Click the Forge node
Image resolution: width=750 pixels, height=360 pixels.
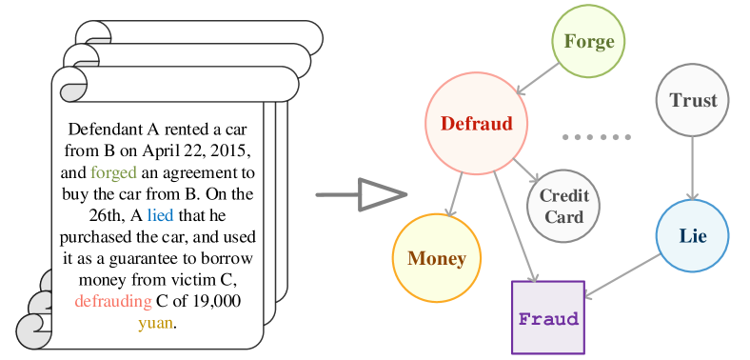[x=588, y=42]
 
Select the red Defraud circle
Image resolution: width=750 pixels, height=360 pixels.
[x=476, y=123]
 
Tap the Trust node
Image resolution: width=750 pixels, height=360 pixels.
[x=692, y=101]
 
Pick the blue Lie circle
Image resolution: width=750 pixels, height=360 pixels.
[x=692, y=236]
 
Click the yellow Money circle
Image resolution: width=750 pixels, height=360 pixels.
[x=437, y=258]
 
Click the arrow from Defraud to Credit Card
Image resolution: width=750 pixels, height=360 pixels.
[x=525, y=170]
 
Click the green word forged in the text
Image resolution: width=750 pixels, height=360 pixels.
[x=113, y=173]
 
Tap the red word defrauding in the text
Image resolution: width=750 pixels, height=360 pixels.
[x=112, y=301]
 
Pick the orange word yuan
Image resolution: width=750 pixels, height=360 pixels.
[x=157, y=322]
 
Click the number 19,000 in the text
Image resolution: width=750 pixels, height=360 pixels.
[x=210, y=301]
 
